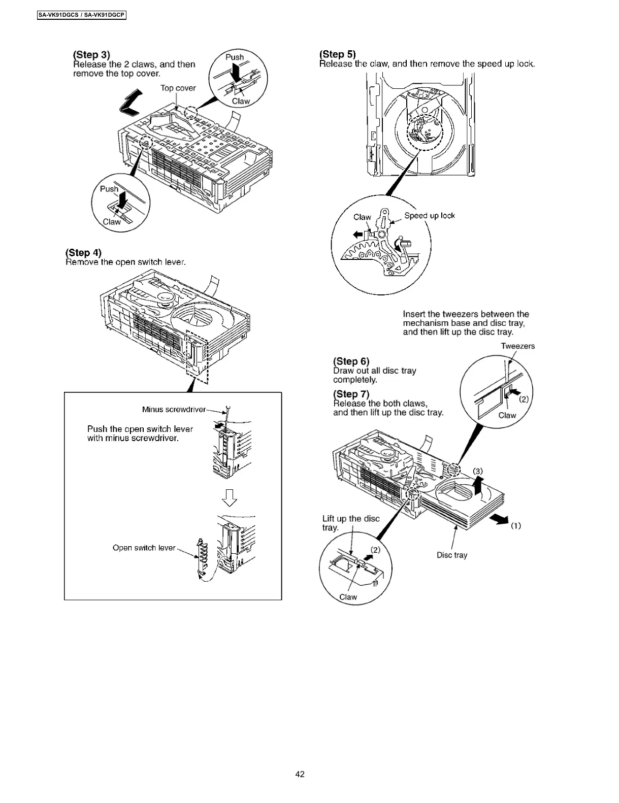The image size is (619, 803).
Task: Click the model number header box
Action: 81,15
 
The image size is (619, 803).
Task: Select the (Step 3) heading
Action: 91,55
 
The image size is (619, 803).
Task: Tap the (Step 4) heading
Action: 83,253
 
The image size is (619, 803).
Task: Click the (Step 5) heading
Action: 338,54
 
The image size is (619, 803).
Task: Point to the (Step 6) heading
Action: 351,361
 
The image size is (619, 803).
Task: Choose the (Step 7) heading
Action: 351,394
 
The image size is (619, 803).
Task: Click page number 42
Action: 300,774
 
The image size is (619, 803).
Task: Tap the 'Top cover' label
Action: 178,88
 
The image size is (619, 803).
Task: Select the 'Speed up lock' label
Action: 430,216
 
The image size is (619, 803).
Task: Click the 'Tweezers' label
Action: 517,346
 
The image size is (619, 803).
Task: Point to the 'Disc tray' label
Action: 452,555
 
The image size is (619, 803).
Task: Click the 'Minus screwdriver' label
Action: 174,410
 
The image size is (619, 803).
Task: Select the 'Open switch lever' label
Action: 144,548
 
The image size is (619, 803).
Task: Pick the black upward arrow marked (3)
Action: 478,485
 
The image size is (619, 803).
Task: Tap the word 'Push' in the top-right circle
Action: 234,57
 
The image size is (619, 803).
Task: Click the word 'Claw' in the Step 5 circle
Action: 362,217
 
